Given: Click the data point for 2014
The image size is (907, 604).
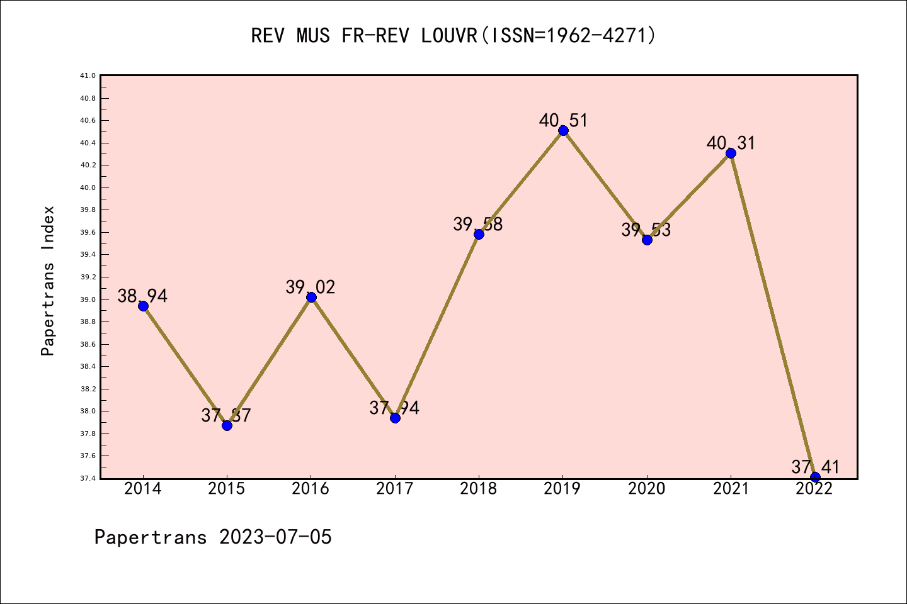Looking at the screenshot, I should point(143,306).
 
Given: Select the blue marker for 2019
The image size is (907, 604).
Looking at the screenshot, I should point(563,130).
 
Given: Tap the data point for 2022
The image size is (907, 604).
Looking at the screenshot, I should point(815,477).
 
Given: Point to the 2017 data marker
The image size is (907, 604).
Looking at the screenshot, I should point(395,418).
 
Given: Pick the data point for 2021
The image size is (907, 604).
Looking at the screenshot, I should point(731,153).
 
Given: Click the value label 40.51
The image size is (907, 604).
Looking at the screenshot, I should point(563,120).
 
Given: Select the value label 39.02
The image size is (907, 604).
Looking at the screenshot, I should point(311,287).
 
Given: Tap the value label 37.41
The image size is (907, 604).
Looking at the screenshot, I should point(815,467).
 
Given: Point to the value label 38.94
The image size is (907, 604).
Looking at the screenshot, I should point(143,296).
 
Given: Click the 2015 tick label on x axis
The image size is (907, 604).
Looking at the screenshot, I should point(227,489).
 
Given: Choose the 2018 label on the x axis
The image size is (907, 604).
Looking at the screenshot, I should point(479,489).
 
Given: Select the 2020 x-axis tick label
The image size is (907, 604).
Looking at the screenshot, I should point(647,489).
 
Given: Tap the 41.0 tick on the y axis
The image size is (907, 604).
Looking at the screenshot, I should point(88,75).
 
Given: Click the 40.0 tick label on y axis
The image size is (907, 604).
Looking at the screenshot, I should point(88,187).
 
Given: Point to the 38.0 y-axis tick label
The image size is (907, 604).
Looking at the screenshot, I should point(88,411).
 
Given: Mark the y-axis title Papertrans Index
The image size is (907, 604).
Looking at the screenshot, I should point(48,281).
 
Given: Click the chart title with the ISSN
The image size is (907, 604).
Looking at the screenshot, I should point(453,36).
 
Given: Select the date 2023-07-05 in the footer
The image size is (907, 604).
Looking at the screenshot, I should point(275,537).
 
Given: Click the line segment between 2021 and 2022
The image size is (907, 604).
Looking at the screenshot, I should point(773,315).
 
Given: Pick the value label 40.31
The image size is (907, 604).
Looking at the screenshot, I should point(731,143).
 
